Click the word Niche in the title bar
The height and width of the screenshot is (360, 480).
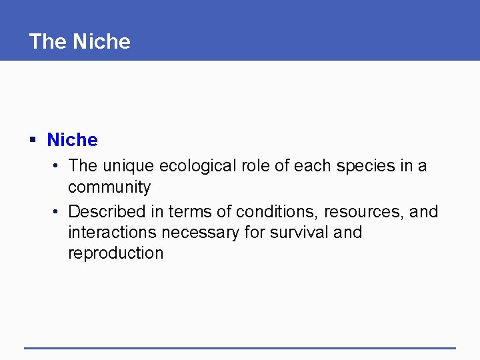[x=102, y=41]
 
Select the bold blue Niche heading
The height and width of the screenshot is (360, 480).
[x=72, y=140]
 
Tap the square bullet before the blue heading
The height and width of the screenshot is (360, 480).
[x=32, y=140]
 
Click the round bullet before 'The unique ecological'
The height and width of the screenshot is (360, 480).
[x=59, y=165]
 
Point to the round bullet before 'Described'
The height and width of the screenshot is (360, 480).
[x=59, y=211]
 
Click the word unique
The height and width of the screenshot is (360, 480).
[x=126, y=165]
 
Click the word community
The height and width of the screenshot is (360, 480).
[x=109, y=187]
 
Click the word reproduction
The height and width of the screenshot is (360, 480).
[x=115, y=253]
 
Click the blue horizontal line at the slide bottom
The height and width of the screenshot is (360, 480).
[x=240, y=347]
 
